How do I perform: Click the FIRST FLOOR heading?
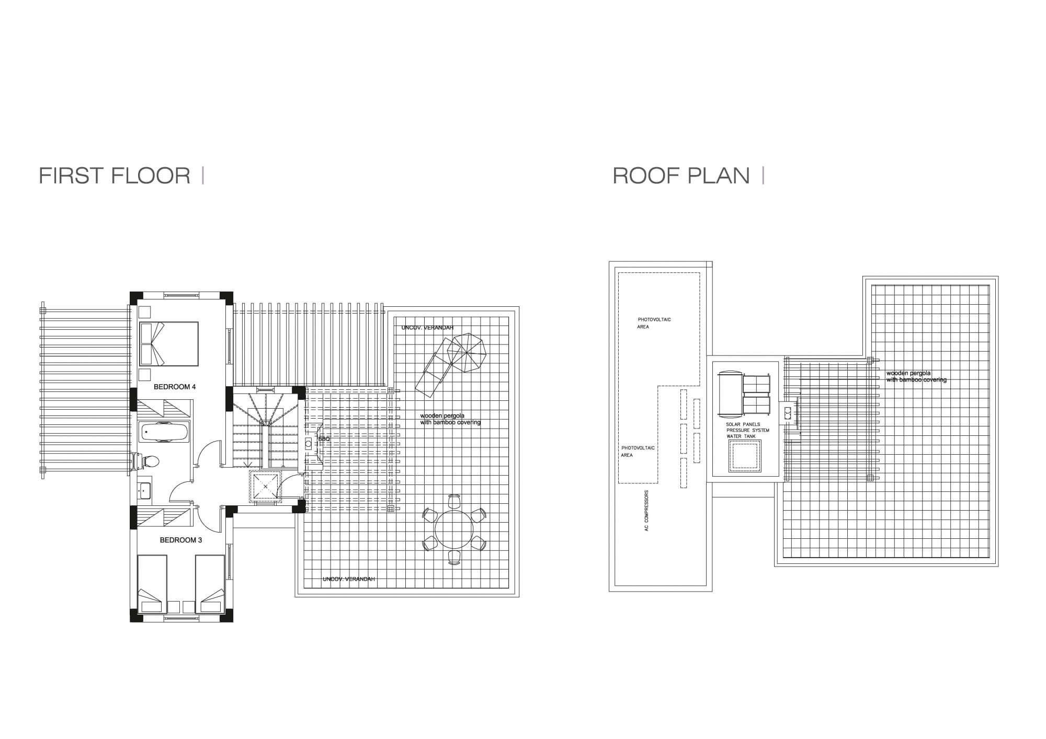tap(115, 176)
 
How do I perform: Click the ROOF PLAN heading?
tap(681, 176)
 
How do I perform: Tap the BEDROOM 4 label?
tap(175, 387)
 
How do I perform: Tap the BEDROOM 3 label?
tap(181, 540)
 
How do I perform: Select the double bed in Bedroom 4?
tap(169, 344)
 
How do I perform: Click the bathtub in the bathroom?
tap(164, 432)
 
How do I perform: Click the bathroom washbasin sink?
tap(144, 490)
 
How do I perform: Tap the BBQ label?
tap(324, 439)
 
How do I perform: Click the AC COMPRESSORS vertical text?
tap(647, 511)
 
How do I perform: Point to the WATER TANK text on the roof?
tap(741, 436)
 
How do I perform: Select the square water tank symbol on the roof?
tap(745, 456)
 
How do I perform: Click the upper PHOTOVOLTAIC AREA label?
tap(654, 323)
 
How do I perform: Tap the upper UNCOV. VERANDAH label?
tap(427, 328)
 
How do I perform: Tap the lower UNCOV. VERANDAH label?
tap(349, 579)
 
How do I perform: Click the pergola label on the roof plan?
tap(916, 377)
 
